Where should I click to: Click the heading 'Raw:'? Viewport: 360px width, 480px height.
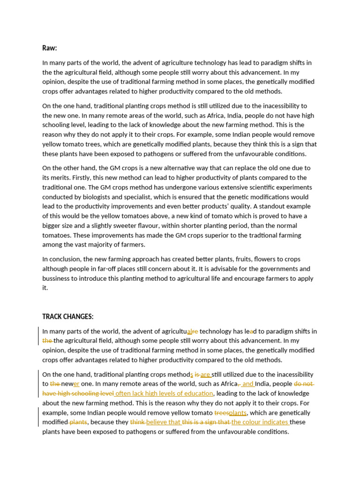[50, 48]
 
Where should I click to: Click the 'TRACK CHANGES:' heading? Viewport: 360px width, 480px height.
[67, 317]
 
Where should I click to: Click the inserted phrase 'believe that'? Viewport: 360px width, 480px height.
[163, 422]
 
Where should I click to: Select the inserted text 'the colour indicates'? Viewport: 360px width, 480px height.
[260, 422]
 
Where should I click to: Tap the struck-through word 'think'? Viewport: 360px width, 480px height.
[137, 422]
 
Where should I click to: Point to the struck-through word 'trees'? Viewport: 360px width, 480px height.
[221, 413]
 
